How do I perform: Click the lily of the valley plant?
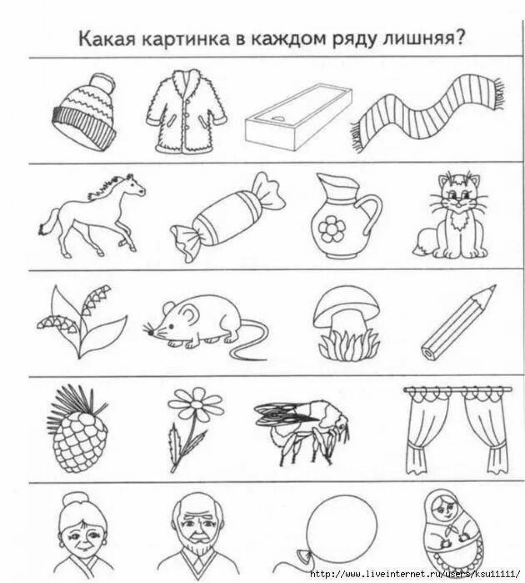pyautogui.click(x=81, y=322)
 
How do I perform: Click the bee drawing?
pyautogui.click(x=302, y=429)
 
